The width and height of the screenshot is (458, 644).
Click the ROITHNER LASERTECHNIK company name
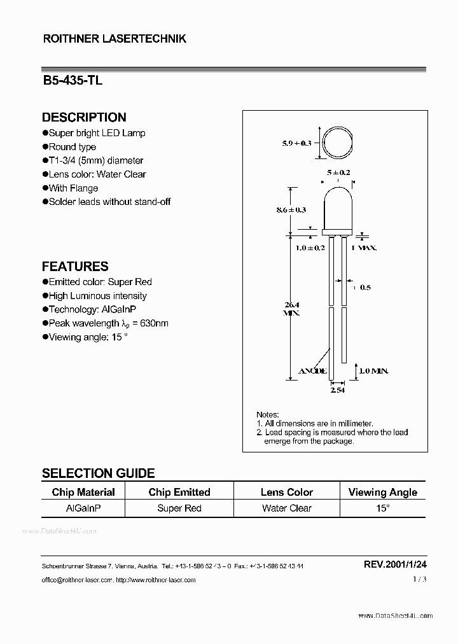(x=114, y=39)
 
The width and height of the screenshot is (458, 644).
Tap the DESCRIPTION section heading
(x=84, y=117)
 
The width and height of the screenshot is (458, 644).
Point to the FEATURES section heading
(x=75, y=267)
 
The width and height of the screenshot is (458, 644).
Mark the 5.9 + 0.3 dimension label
(x=296, y=143)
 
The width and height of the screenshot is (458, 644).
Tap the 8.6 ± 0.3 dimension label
(x=293, y=209)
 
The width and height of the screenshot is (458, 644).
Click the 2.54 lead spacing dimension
(x=337, y=390)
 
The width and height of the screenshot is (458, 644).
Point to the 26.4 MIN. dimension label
(x=292, y=308)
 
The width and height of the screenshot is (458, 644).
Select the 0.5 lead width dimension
(x=365, y=288)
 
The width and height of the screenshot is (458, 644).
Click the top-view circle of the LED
(x=338, y=143)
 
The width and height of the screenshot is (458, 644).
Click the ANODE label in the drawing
(x=313, y=370)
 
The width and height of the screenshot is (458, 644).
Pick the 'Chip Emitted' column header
(x=179, y=492)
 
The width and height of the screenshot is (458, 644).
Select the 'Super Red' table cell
(x=179, y=508)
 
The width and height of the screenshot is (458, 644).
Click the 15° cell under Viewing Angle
(x=383, y=508)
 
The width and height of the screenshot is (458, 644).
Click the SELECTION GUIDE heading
(x=98, y=473)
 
